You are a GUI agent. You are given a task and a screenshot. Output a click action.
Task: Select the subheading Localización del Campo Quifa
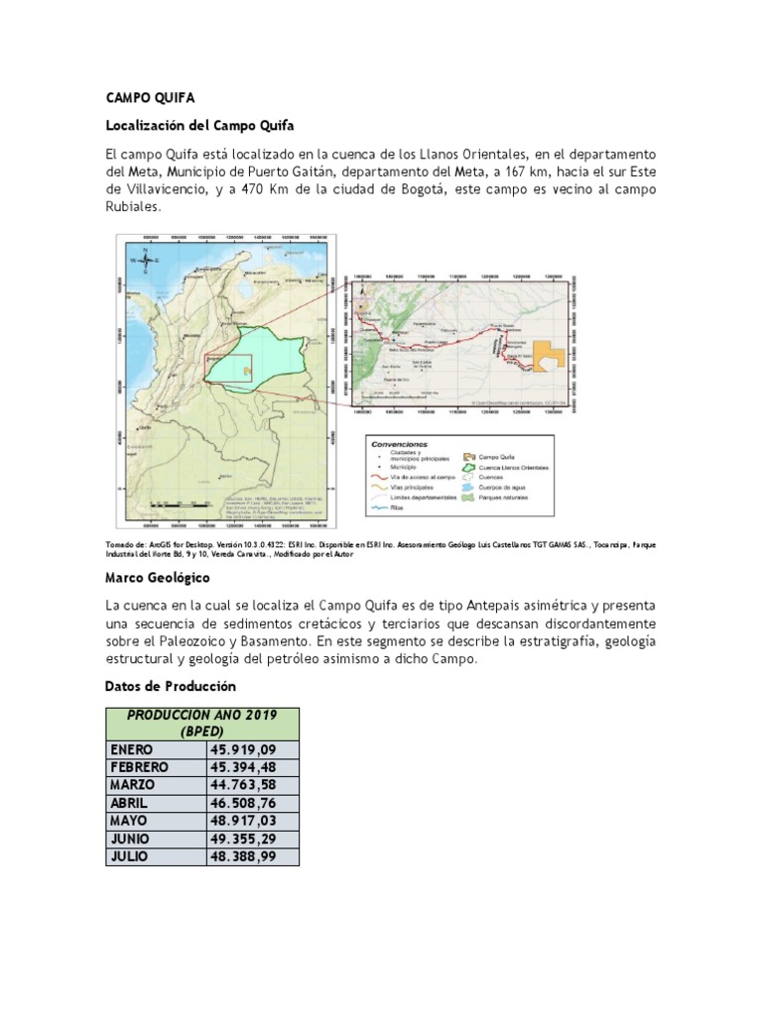point(199,126)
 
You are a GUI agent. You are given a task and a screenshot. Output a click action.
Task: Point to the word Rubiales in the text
point(131,208)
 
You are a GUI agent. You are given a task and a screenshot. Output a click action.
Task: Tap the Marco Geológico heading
point(157,577)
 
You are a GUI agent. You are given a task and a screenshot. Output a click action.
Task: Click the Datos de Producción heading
point(170,686)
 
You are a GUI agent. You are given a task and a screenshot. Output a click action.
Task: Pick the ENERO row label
point(130,749)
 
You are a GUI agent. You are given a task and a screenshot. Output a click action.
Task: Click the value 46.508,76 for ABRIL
point(242,803)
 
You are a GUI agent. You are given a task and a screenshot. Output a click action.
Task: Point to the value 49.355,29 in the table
point(242,839)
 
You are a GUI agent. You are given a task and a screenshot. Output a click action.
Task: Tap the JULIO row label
point(129,856)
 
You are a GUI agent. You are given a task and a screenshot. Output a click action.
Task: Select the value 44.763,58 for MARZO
point(242,785)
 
